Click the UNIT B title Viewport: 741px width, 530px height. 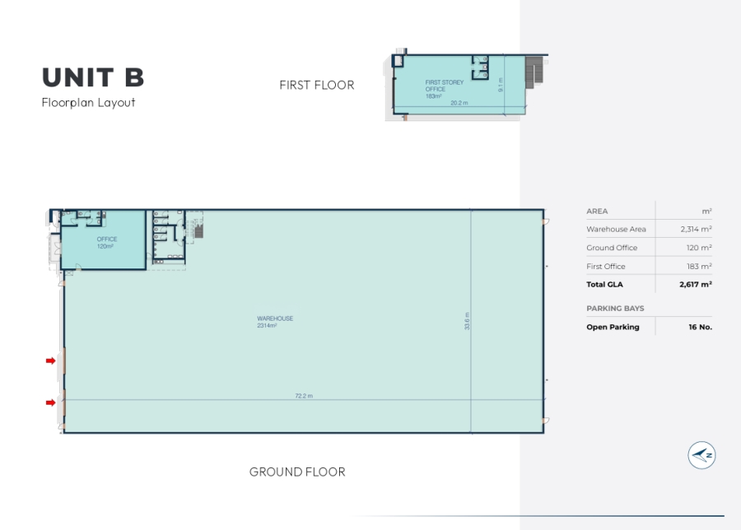(93, 77)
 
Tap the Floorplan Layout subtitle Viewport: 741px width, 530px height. (88, 103)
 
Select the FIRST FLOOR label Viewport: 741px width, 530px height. (317, 85)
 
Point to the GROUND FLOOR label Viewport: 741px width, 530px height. (297, 472)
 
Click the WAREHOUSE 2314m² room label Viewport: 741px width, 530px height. (274, 322)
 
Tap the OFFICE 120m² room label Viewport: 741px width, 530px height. (107, 242)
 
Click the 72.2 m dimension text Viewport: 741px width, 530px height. (303, 396)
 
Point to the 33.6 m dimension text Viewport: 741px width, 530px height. (467, 321)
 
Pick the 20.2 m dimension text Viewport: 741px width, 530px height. (459, 103)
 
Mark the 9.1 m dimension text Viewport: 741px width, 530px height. (501, 85)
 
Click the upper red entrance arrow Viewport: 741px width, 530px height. (50, 361)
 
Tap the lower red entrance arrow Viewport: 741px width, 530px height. (50, 402)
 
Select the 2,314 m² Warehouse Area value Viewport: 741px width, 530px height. (696, 229)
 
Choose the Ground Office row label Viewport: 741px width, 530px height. (612, 248)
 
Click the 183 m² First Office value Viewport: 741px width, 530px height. (699, 267)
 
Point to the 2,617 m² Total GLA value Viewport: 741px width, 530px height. (696, 285)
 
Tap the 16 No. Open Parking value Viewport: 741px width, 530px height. (701, 327)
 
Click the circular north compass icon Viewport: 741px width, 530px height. (701, 455)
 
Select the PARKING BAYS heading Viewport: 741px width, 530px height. (615, 309)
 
